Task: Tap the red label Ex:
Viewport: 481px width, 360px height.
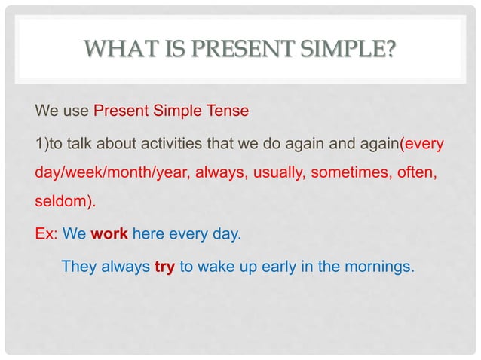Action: pos(47,234)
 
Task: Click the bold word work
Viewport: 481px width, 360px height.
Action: pos(109,234)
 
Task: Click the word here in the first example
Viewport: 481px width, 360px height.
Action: pos(148,234)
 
